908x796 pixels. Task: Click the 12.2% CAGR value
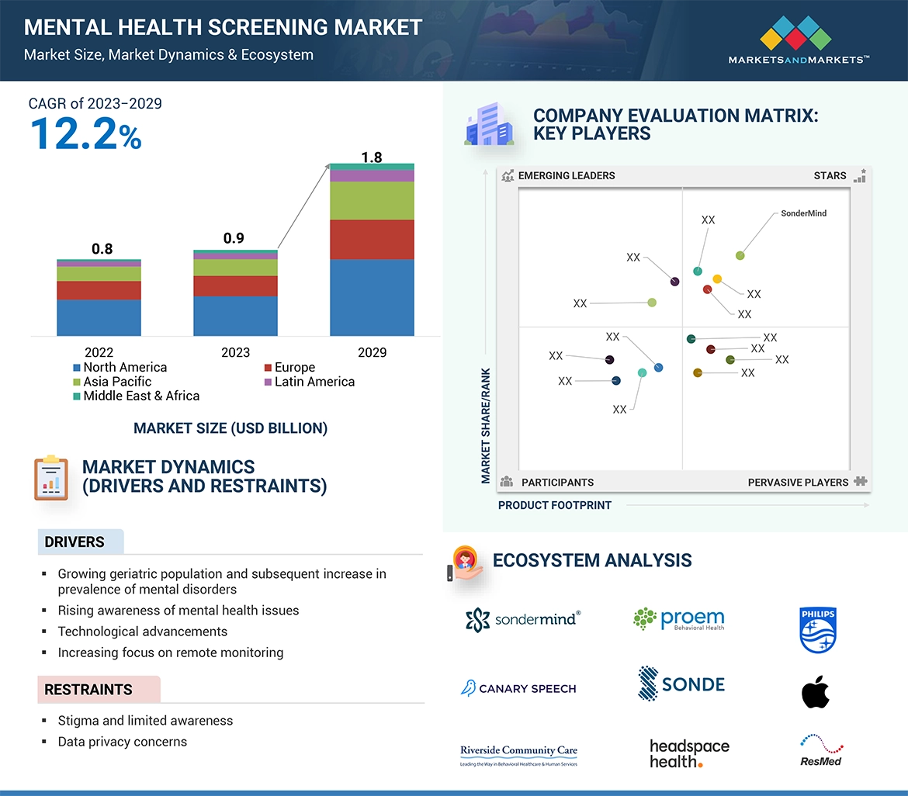(x=85, y=133)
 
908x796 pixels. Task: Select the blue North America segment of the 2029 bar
(x=372, y=297)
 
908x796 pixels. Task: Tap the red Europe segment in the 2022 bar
(x=99, y=290)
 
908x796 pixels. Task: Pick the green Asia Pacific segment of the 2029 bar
(x=372, y=201)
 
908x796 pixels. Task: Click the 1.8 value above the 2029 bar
(x=372, y=157)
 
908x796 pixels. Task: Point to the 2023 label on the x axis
(x=235, y=352)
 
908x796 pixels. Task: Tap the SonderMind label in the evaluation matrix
(x=803, y=213)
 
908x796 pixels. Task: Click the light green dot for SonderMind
(x=740, y=255)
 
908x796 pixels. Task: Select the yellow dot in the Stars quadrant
(x=717, y=279)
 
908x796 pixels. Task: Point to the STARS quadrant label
(x=830, y=175)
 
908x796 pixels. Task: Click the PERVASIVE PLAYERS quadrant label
(x=798, y=482)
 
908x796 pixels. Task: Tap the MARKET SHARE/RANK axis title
(x=486, y=425)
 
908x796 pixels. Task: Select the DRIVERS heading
(x=75, y=542)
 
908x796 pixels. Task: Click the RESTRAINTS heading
(x=88, y=690)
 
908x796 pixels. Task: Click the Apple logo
(x=815, y=691)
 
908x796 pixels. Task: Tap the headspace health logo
(x=689, y=753)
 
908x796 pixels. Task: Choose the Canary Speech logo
(x=518, y=688)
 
